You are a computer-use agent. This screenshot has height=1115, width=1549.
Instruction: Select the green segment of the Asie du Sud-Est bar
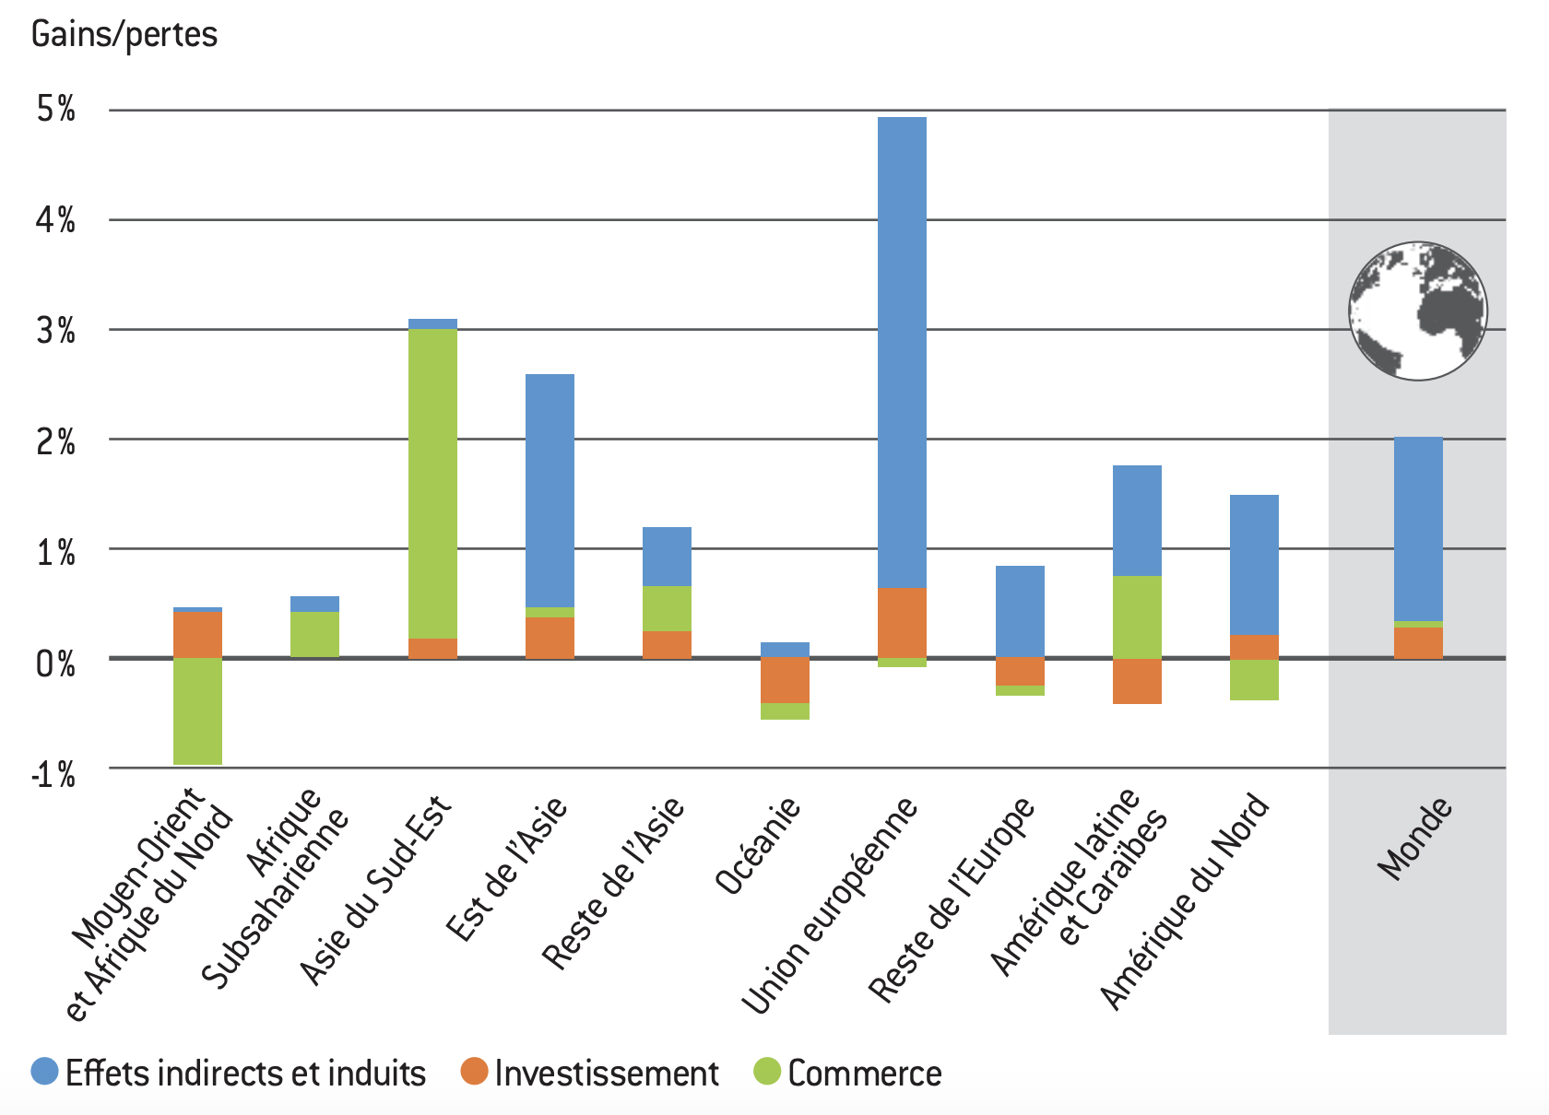432,484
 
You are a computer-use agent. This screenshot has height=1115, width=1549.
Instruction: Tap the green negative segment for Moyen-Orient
197,710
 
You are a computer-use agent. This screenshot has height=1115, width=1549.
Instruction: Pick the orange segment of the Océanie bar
785,680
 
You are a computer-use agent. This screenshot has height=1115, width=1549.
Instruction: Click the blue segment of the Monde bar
1418,529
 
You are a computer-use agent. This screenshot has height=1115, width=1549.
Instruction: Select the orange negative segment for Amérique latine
1137,681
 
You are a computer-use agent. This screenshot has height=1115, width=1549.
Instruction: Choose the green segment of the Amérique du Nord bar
1254,680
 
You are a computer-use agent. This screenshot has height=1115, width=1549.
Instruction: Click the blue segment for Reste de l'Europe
1020,611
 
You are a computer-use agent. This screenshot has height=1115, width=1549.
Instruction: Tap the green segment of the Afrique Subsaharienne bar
314,634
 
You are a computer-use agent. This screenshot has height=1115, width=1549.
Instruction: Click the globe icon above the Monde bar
1417,311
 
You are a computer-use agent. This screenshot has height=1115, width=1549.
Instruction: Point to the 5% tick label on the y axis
56,110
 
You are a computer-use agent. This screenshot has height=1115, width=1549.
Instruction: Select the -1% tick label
53,774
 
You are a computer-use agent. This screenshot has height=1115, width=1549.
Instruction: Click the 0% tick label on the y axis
56,663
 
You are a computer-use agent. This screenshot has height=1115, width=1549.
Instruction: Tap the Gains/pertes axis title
124,35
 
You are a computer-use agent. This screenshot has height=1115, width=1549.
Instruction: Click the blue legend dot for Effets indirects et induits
44,1072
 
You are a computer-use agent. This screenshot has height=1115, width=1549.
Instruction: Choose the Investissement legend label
606,1074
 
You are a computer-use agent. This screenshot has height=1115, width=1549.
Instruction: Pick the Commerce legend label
864,1074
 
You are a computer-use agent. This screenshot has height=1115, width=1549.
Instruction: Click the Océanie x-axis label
758,847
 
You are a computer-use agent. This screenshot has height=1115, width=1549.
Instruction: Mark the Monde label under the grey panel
1414,839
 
